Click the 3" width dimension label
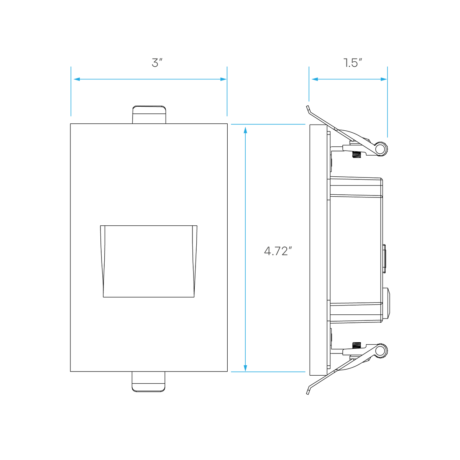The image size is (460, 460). pyautogui.click(x=157, y=63)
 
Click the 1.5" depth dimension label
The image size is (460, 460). pyautogui.click(x=353, y=63)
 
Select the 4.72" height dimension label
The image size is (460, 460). pyautogui.click(x=278, y=251)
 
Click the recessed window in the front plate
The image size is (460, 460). pyautogui.click(x=149, y=261)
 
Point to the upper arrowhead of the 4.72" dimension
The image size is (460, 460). pyautogui.click(x=245, y=130)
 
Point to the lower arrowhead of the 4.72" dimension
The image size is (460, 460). pyautogui.click(x=245, y=368)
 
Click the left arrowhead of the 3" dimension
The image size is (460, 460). pyautogui.click(x=77, y=79)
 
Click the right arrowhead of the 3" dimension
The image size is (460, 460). pyautogui.click(x=223, y=79)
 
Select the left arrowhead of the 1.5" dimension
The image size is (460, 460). pyautogui.click(x=315, y=79)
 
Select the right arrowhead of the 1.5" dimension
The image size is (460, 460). pyautogui.click(x=384, y=79)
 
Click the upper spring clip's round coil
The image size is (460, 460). pyautogui.click(x=381, y=149)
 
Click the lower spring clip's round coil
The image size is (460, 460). pyautogui.click(x=381, y=351)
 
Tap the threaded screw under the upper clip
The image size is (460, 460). pyautogui.click(x=356, y=155)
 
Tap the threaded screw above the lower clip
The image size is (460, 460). pyautogui.click(x=356, y=345)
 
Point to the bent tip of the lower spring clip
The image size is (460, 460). pyautogui.click(x=308, y=391)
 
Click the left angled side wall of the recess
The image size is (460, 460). pyautogui.click(x=103, y=261)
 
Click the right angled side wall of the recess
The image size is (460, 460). pyautogui.click(x=195, y=261)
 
